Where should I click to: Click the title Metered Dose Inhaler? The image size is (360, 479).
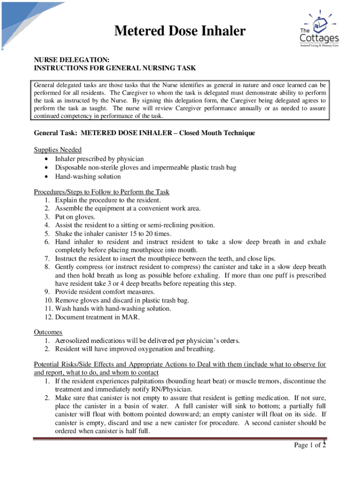[x=180, y=31]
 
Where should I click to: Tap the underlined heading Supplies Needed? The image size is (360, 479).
[x=58, y=150]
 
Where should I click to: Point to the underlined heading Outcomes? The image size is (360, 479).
[x=48, y=332]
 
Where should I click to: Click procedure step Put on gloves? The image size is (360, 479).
[x=75, y=217]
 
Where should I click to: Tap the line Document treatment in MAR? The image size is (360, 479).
[x=97, y=317]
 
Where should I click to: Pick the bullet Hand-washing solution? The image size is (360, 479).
[x=88, y=176]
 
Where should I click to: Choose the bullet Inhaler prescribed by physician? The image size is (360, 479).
[x=99, y=159]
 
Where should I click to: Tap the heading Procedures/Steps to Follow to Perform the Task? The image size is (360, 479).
[x=101, y=192]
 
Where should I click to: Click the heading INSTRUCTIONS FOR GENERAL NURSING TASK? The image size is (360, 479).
[x=115, y=68]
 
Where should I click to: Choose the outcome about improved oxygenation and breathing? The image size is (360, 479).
[x=135, y=349]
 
